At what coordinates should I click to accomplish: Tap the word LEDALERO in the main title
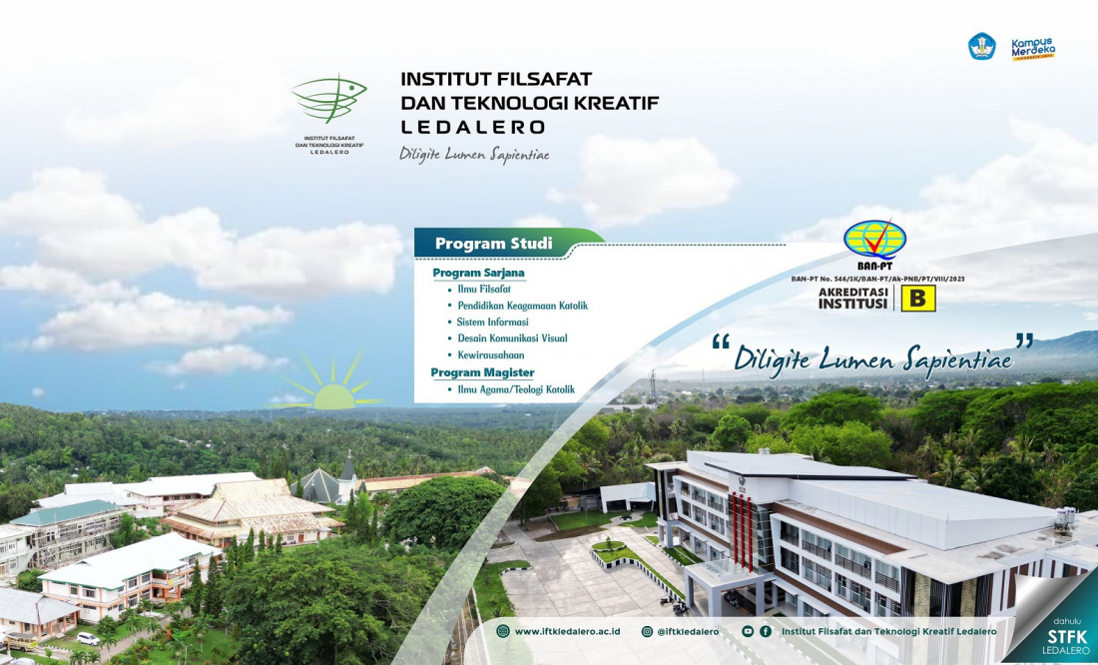point(473,127)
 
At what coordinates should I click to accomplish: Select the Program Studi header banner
point(508,244)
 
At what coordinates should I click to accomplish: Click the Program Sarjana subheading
point(478,273)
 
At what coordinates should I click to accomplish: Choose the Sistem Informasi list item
point(492,322)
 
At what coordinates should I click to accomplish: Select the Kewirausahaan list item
point(491,354)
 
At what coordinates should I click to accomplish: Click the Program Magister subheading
point(482,372)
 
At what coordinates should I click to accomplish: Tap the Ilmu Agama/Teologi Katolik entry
point(516,388)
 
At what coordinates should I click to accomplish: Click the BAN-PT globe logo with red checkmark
point(874,241)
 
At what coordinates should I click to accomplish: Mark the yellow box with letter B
point(918,299)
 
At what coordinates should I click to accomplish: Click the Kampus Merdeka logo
point(1033,48)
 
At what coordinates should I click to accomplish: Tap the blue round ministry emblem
point(982,46)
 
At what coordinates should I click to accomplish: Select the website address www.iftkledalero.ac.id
point(567,631)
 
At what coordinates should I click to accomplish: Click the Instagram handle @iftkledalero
point(688,631)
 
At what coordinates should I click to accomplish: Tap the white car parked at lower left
point(88,639)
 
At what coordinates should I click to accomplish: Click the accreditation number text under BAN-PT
point(877,279)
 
